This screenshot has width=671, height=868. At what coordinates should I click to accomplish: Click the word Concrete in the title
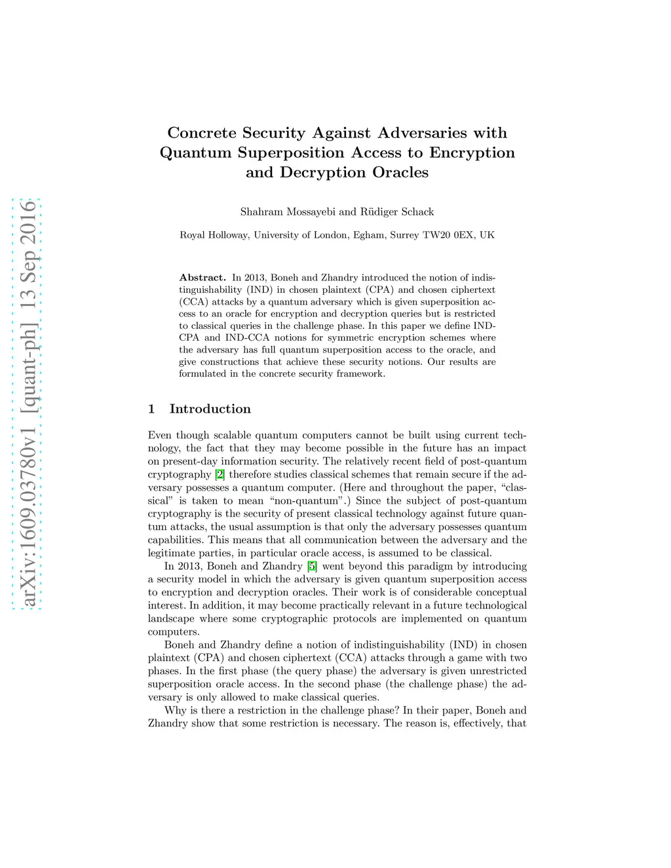coord(202,133)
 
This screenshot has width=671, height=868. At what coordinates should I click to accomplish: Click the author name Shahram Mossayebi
coord(288,212)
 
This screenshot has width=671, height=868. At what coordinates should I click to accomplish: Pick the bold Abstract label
coord(202,278)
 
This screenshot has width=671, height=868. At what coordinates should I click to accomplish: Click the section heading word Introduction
coord(210,409)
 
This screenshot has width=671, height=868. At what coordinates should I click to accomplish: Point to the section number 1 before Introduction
coord(151,409)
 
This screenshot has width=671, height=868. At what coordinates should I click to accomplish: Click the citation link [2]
coord(220,474)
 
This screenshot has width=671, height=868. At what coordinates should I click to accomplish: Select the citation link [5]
coord(313,566)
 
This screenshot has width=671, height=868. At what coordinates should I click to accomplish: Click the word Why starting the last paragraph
coord(175,710)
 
